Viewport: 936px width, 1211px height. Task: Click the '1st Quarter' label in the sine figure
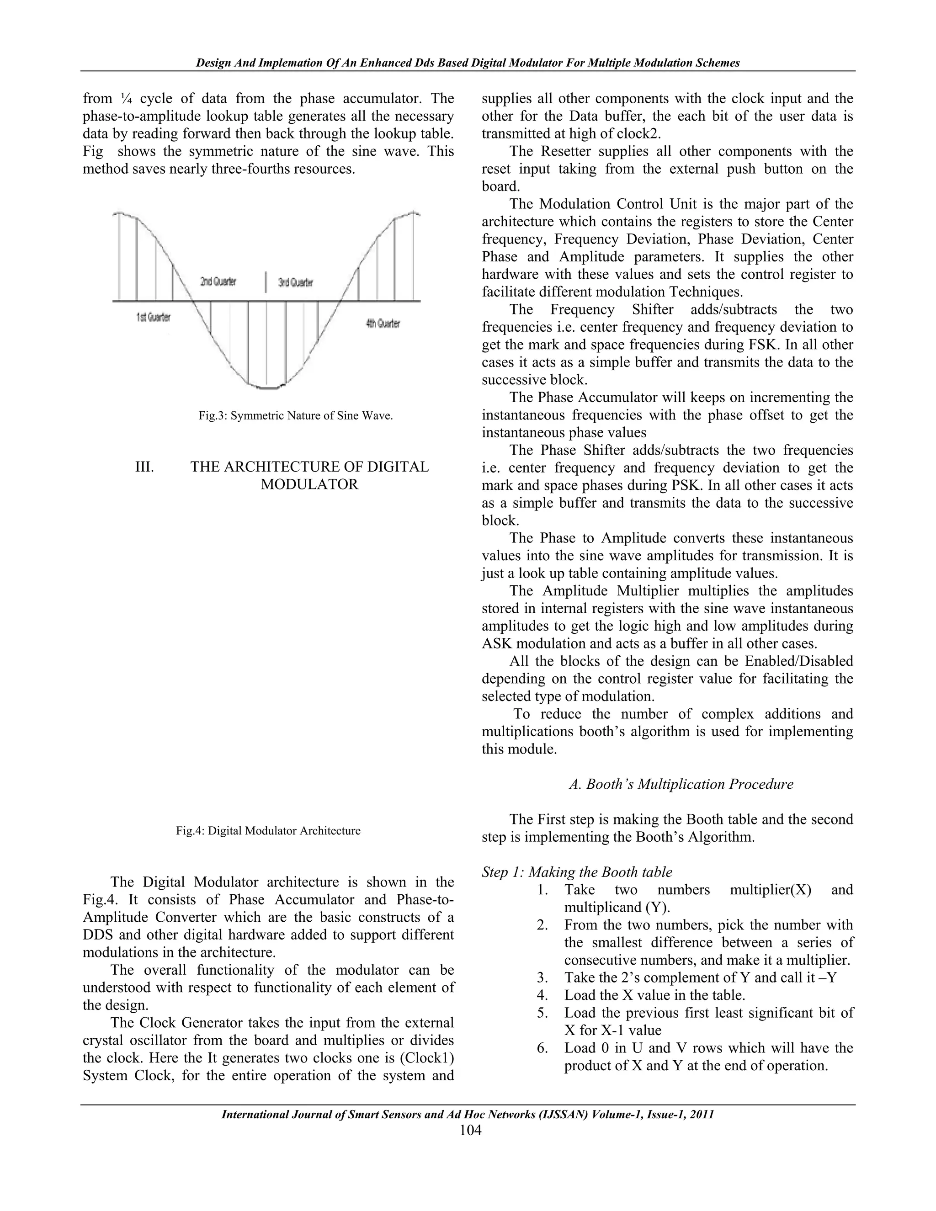[154, 317]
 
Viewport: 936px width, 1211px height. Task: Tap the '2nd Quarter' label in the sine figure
[218, 282]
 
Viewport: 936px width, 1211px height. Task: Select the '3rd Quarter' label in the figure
[295, 283]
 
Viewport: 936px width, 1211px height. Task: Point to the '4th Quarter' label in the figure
[383, 323]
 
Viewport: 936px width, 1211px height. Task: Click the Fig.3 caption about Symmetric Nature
[296, 416]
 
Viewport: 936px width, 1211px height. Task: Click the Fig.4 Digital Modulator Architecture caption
[268, 831]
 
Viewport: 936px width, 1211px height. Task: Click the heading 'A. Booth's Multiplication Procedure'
[681, 784]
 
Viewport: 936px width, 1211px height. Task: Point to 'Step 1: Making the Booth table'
[577, 872]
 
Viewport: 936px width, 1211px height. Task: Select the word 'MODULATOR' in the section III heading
[309, 484]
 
